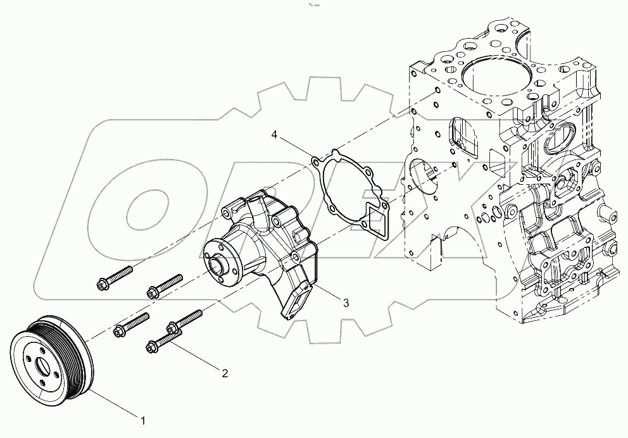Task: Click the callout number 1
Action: (x=143, y=420)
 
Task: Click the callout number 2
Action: (x=224, y=373)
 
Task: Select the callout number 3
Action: (x=346, y=303)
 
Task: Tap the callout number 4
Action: (x=275, y=135)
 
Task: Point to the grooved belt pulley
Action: (x=54, y=367)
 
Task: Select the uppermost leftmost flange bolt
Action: (x=115, y=278)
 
